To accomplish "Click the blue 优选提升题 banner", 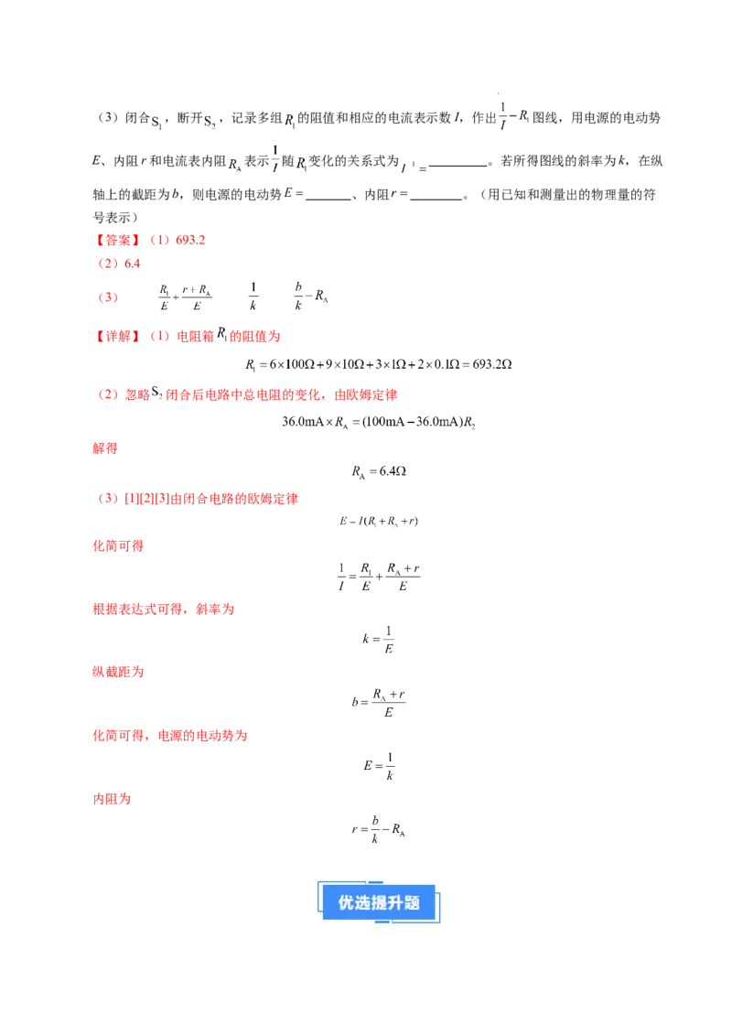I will pos(380,901).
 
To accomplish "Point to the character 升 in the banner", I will pos(395,902).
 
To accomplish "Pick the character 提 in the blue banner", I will pos(379,902).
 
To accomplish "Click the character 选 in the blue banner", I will pos(362,902).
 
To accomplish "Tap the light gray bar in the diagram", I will pos(351,171).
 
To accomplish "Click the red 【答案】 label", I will pos(117,240).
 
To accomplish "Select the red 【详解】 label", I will pos(117,336).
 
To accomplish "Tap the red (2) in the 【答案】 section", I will pos(107,264).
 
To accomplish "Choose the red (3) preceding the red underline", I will pos(107,298).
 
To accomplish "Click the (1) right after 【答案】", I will pos(158,240).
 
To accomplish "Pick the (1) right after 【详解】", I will pos(159,336).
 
